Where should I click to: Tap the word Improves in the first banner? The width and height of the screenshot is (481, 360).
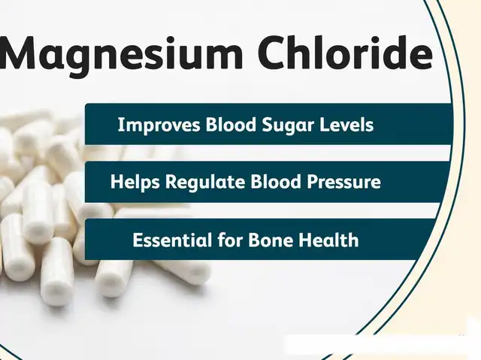(x=159, y=125)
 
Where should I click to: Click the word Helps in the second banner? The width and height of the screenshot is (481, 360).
(x=135, y=182)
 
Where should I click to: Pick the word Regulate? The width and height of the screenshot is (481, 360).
(x=205, y=182)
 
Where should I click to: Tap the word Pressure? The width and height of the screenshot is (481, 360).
(x=344, y=182)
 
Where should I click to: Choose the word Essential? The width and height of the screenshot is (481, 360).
(x=172, y=240)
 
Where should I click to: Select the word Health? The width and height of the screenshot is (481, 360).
(x=328, y=240)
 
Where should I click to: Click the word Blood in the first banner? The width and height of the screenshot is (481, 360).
(x=231, y=125)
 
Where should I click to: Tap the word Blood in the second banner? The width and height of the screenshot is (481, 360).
(x=276, y=182)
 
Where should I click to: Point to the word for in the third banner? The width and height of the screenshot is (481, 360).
(x=230, y=240)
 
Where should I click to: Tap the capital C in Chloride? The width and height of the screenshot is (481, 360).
(x=272, y=53)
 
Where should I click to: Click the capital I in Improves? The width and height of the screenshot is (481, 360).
(x=120, y=125)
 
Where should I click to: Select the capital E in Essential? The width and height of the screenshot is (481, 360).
(x=138, y=240)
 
